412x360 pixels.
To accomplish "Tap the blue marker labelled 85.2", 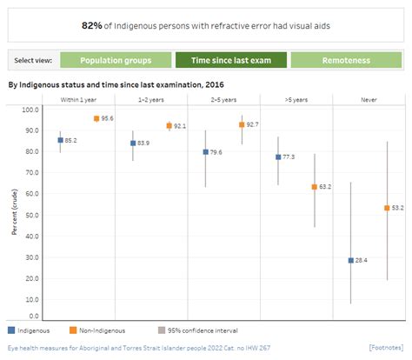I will click(x=60, y=140).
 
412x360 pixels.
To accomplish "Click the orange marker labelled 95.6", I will click(x=96, y=118).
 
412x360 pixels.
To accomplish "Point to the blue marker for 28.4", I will click(x=351, y=260).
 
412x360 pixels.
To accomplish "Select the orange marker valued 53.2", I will click(x=388, y=208).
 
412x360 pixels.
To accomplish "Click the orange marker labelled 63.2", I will click(x=315, y=187).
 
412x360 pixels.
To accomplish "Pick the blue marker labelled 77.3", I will click(x=278, y=157).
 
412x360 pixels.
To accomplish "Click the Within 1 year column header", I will click(x=78, y=101).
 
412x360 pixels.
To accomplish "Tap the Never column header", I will click(x=369, y=101).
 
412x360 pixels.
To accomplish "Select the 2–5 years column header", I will click(x=223, y=101).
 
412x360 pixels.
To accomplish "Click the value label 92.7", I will click(x=253, y=125).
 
